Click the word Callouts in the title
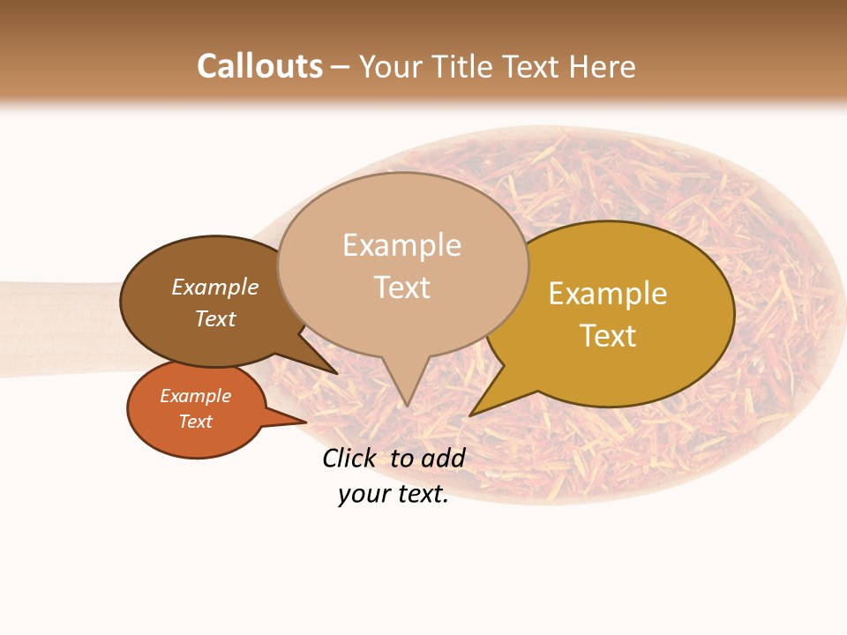259,66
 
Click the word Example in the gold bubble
608,294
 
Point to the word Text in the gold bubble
608,336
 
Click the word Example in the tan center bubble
401,245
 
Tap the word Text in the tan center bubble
401,288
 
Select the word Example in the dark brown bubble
214,288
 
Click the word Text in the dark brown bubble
214,318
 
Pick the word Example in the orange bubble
195,396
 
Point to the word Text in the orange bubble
195,422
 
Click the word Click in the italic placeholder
350,458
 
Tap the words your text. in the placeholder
393,494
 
